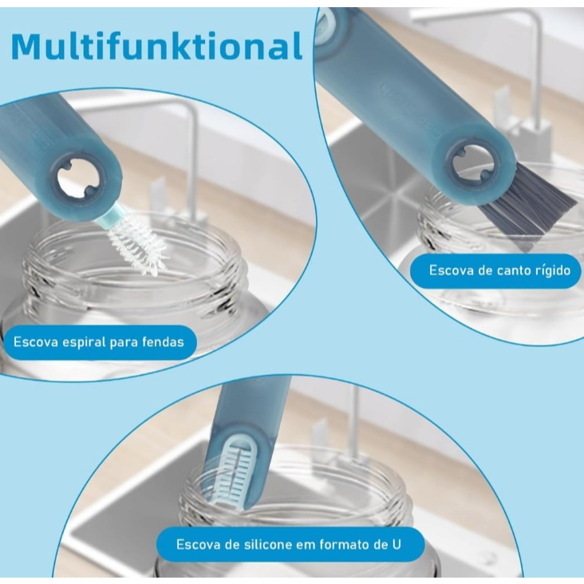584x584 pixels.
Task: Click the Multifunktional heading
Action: click(156, 46)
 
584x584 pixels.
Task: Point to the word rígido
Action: click(553, 270)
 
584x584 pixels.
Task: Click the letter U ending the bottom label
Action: click(397, 545)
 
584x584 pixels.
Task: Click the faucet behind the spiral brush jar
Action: click(186, 156)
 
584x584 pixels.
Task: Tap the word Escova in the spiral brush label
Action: click(36, 341)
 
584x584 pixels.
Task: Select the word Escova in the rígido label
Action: click(452, 270)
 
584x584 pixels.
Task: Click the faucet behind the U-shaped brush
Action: click(348, 421)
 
